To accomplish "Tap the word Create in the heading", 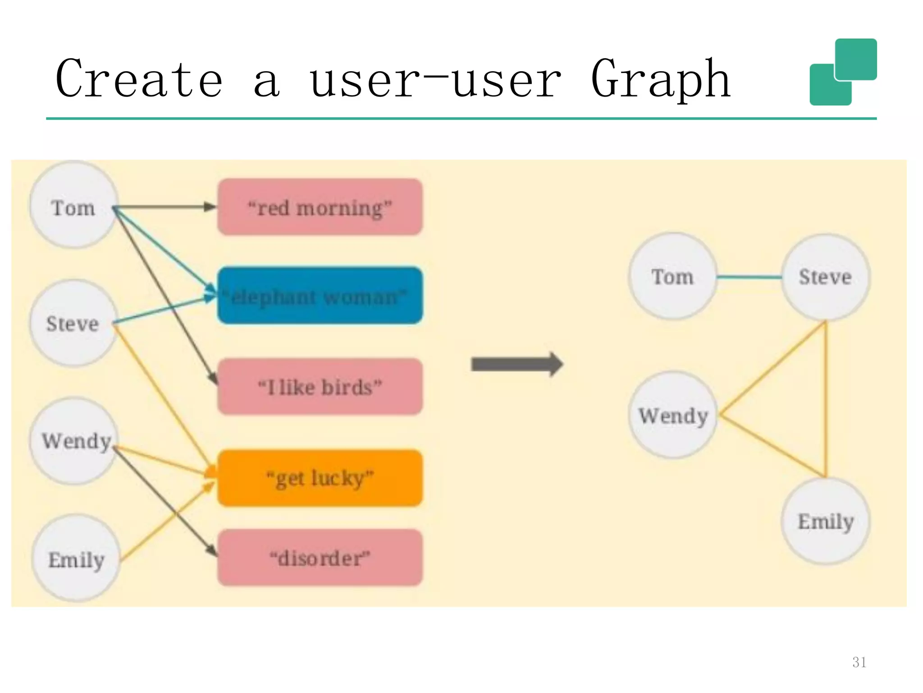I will pyautogui.click(x=139, y=80).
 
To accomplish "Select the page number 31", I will pyautogui.click(x=859, y=662).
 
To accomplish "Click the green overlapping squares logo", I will pyautogui.click(x=843, y=72).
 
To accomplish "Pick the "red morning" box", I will pyautogui.click(x=320, y=208).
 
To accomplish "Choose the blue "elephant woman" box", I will pyautogui.click(x=320, y=296).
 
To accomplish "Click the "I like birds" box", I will pyautogui.click(x=320, y=387).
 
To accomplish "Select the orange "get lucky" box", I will pyautogui.click(x=320, y=478).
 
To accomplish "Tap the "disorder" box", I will pyautogui.click(x=320, y=558).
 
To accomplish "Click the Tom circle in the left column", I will pyautogui.click(x=73, y=206).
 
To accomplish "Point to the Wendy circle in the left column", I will pyautogui.click(x=74, y=441).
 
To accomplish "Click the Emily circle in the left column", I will pyautogui.click(x=76, y=559).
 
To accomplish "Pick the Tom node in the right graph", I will pyautogui.click(x=672, y=277).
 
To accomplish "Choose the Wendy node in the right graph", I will pyautogui.click(x=673, y=415).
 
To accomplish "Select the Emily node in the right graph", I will pyautogui.click(x=825, y=521).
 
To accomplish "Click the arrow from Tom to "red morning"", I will pyautogui.click(x=164, y=207).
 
